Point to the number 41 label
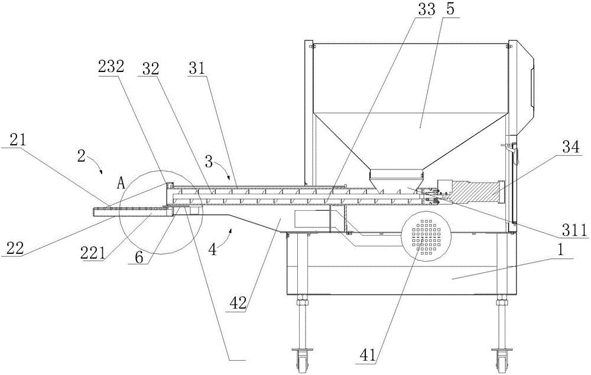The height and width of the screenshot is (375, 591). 368,355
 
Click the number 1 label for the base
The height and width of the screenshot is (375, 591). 560,252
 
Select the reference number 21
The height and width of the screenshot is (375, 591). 18,141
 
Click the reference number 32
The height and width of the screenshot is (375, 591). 150,69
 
